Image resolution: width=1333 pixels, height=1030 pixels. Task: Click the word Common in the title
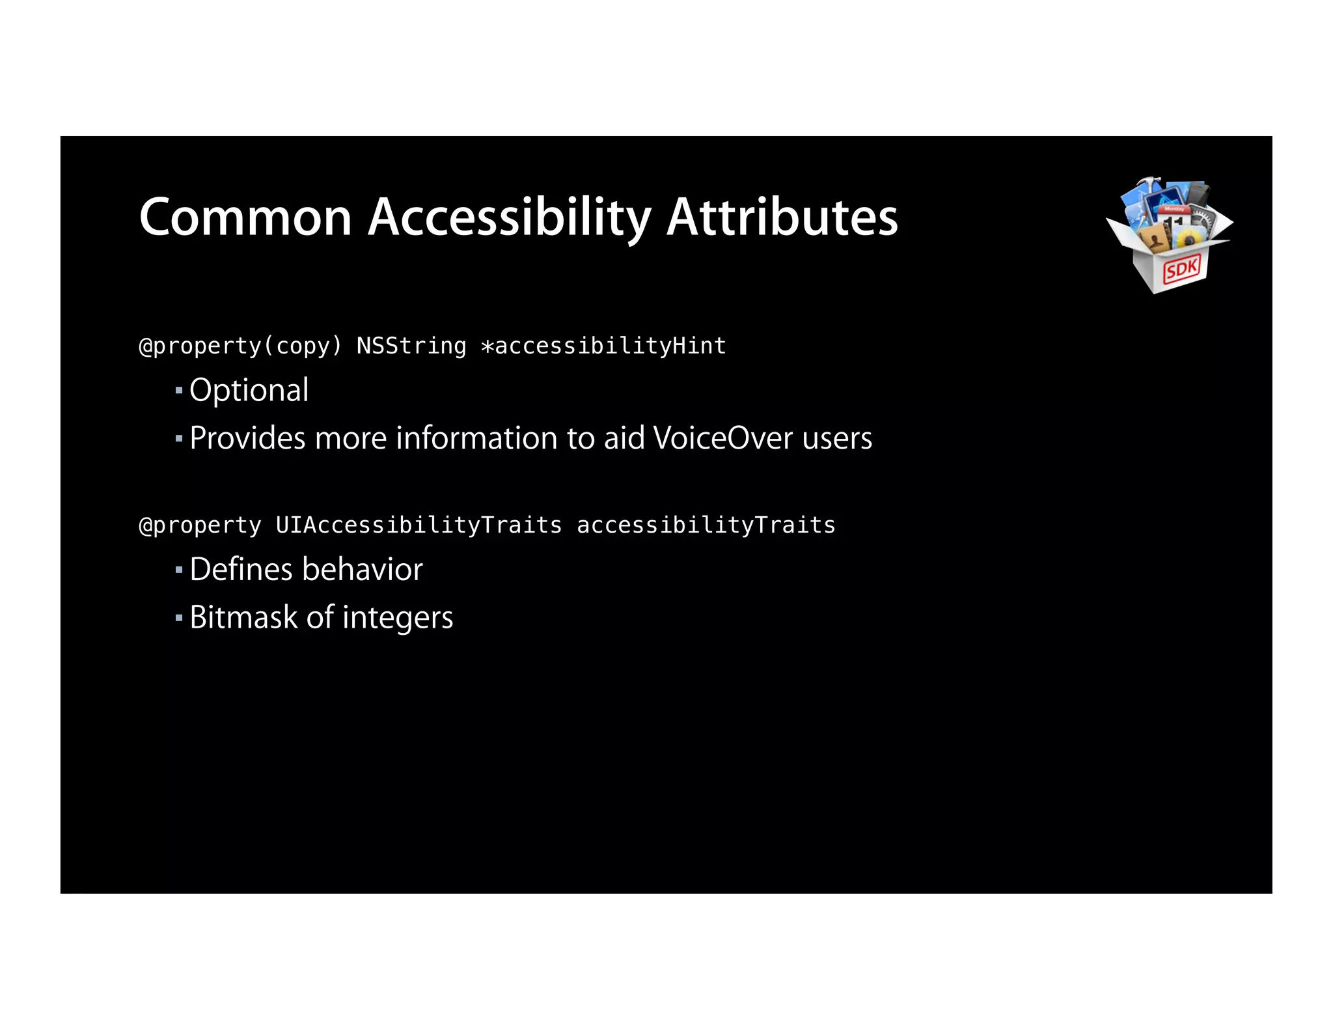[x=245, y=217]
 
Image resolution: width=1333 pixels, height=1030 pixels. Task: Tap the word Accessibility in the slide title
[x=509, y=217]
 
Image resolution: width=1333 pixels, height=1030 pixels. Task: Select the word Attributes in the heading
[x=782, y=217]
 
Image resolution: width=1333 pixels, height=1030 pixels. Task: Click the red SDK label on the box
[x=1181, y=268]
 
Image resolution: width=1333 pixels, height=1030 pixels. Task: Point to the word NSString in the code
[x=411, y=346]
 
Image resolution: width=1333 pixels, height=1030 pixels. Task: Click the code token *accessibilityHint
[x=603, y=346]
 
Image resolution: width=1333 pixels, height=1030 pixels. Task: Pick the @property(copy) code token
[x=240, y=346]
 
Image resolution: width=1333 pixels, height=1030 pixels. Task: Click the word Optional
[x=249, y=391]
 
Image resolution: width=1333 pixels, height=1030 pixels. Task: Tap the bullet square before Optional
[x=179, y=391]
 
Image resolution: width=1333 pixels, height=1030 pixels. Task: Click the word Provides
[x=247, y=438]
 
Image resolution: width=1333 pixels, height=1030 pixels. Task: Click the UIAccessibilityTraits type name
[x=419, y=525]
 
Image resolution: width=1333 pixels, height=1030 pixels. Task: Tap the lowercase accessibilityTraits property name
[x=706, y=525]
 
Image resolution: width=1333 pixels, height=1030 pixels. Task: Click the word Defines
[x=241, y=570]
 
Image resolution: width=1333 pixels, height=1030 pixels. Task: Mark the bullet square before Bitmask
[x=179, y=618]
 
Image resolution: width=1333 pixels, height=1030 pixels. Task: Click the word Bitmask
[x=243, y=618]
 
